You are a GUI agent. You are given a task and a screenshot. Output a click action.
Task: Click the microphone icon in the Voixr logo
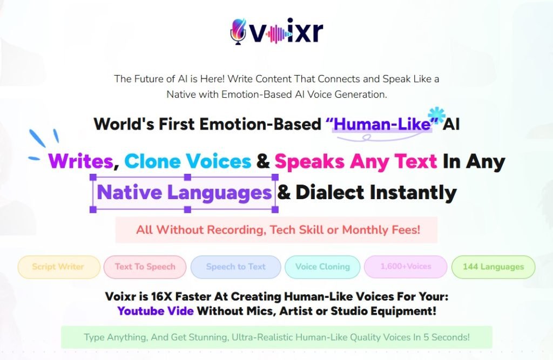[x=238, y=32]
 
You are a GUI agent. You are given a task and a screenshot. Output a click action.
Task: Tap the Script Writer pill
[x=59, y=267]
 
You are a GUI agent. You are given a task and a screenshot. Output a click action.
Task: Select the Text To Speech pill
[x=145, y=267]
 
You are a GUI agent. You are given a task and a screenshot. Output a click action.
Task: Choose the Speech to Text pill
[x=235, y=267]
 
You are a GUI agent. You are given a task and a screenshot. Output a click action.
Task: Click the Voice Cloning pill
[x=322, y=267]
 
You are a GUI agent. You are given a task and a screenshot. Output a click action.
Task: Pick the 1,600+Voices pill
[x=406, y=267]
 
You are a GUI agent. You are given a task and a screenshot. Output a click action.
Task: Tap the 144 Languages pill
[x=493, y=267]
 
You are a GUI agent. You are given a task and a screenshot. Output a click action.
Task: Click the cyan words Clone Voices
[x=187, y=161]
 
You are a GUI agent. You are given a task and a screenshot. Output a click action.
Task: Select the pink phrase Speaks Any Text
[x=356, y=161]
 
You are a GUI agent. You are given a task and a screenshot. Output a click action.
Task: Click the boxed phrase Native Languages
[x=184, y=193]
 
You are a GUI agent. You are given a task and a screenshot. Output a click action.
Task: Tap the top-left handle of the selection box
[x=93, y=177]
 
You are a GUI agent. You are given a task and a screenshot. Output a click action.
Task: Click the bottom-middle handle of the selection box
[x=187, y=209]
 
